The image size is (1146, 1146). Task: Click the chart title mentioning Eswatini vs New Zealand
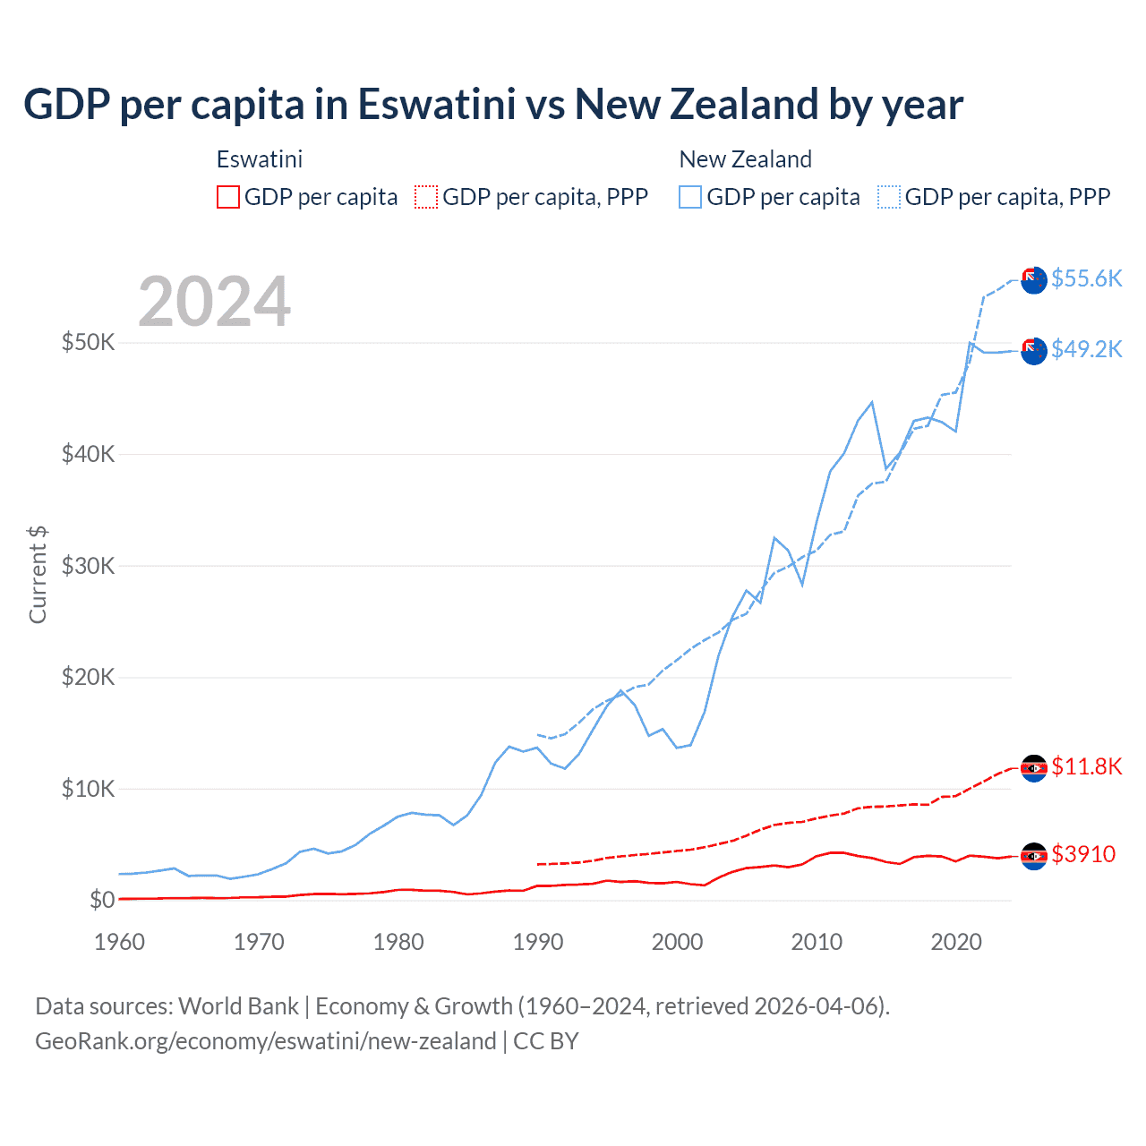coord(493,105)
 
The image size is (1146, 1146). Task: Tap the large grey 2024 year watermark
coord(214,302)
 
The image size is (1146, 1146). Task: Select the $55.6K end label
coord(1086,278)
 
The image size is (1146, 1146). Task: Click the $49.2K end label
coord(1086,349)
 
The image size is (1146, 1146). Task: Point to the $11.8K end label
coord(1086,766)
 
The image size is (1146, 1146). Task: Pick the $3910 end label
coord(1083,854)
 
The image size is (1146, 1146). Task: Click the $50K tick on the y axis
coord(88,342)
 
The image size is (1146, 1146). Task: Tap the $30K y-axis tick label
coord(88,566)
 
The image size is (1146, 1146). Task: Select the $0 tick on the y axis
coord(102,900)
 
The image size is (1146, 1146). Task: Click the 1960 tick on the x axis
coord(120,942)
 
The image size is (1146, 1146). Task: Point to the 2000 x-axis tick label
coord(678,942)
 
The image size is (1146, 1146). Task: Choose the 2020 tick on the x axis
coord(956,942)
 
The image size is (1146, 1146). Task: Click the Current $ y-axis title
coord(38,574)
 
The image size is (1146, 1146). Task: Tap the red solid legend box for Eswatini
coord(228,197)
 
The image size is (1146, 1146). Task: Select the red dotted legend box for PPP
coord(426,197)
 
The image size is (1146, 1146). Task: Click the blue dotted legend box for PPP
coord(889,197)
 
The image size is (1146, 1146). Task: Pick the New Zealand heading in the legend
coord(745,159)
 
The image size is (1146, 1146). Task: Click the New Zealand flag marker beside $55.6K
coord(1034,279)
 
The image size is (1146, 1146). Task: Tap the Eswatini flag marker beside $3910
coord(1034,856)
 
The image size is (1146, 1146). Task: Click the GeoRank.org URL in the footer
coord(265,1041)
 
